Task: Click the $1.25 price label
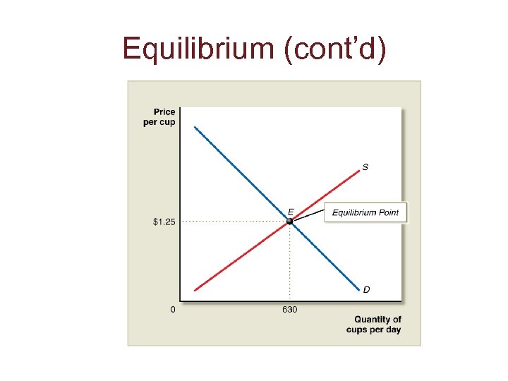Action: (x=164, y=222)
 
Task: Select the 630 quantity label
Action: (x=289, y=310)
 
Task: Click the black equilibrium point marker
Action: (x=289, y=222)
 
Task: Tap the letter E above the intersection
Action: (x=290, y=211)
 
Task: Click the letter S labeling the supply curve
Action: (x=365, y=167)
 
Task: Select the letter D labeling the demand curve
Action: (x=366, y=289)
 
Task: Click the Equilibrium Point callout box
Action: (x=365, y=212)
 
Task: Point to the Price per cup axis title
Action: (x=164, y=116)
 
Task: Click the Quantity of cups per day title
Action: (x=375, y=325)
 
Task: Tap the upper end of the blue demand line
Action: (x=195, y=128)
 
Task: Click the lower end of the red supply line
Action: (x=195, y=289)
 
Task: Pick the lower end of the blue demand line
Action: (x=358, y=289)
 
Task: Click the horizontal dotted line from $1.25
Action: (x=233, y=222)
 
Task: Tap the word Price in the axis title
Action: (x=164, y=111)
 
